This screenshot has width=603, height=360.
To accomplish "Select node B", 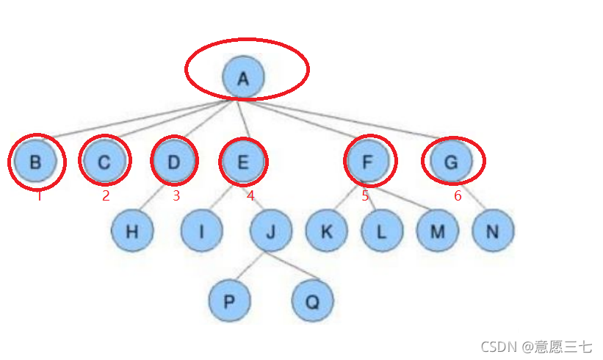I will [35, 161].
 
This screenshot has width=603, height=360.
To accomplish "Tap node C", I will [104, 161].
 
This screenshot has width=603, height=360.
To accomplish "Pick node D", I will [174, 161].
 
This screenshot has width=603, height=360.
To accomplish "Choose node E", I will [244, 161].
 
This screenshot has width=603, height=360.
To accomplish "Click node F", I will [369, 161].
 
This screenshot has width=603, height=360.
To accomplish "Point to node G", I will [452, 161].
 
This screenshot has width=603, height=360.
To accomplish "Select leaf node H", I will [132, 231].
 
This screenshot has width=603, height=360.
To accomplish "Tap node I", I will [202, 231].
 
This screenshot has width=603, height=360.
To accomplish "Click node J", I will [271, 231].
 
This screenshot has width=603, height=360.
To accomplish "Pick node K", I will [326, 231].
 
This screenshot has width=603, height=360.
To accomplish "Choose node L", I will [382, 231].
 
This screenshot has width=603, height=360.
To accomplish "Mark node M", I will [438, 231].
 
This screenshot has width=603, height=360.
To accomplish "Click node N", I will [493, 231].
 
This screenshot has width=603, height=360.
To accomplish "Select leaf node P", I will [229, 300].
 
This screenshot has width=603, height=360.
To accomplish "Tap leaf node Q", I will [313, 300].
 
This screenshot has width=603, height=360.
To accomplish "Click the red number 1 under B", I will [39, 196].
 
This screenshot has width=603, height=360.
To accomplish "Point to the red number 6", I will [457, 195].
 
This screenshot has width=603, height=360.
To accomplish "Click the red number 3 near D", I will [176, 195].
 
